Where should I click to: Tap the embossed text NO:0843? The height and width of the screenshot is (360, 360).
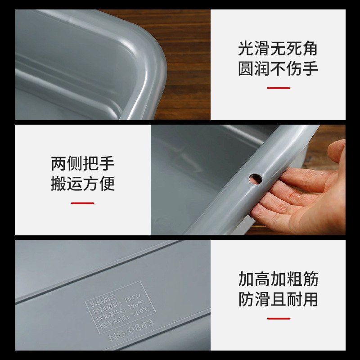point(131,329)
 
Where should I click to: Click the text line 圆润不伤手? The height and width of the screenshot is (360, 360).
point(278,68)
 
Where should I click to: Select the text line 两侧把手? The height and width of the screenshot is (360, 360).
point(83,163)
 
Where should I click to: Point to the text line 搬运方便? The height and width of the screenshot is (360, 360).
point(83,184)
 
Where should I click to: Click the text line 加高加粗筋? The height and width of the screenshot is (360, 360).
point(278,279)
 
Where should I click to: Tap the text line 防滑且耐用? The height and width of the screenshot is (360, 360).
point(278,299)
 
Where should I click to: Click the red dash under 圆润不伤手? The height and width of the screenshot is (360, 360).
point(278,88)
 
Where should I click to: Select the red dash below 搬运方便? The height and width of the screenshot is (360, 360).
point(82,203)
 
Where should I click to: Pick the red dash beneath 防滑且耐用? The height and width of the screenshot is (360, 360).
point(278,319)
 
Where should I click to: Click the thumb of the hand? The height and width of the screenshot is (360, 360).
point(337,151)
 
